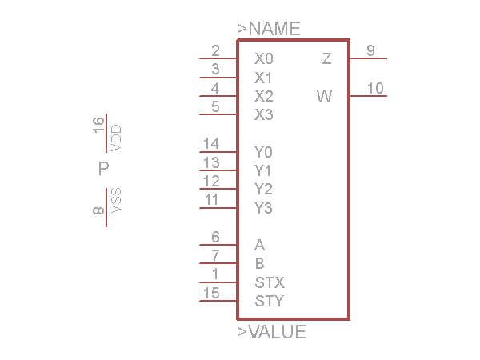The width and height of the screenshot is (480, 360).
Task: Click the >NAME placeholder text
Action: tap(269, 30)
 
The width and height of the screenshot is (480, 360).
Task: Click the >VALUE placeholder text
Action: tap(272, 332)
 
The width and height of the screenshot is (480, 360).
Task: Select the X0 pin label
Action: tap(263, 59)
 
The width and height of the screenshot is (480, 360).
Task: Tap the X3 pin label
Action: tap(263, 115)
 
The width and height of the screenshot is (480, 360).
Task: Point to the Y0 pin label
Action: tap(263, 152)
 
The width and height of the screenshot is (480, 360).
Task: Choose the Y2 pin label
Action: tap(263, 190)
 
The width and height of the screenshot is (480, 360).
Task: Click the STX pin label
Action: tap(270, 283)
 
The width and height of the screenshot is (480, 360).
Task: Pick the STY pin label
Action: tap(270, 302)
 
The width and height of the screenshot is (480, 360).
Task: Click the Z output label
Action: tap(326, 59)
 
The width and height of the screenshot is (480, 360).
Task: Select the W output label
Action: tap(324, 97)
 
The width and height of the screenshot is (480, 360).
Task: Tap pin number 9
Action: tap(370, 50)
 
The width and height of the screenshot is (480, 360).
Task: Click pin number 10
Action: tap(374, 88)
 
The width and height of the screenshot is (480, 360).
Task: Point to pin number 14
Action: tap(211, 144)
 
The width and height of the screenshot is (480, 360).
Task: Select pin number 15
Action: tap(211, 294)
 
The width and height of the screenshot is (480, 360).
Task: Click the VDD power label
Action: tap(117, 138)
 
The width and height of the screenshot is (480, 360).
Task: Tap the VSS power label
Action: tap(117, 200)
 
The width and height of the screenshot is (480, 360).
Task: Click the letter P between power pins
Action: tap(103, 169)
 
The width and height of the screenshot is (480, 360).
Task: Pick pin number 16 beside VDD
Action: tap(98, 123)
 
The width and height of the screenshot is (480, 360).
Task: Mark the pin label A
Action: tap(259, 246)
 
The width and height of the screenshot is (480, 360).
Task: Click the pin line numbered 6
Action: tap(218, 245)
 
